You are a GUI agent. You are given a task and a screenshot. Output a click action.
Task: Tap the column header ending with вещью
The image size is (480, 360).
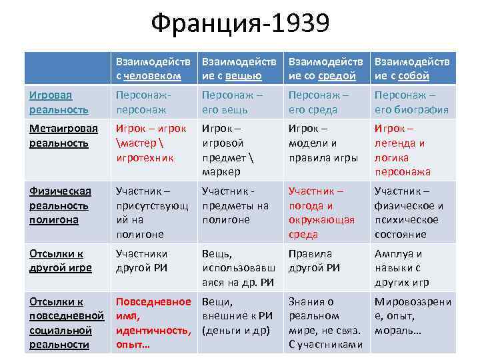(238, 68)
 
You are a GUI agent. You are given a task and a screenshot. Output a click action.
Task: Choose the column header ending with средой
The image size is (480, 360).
(324, 68)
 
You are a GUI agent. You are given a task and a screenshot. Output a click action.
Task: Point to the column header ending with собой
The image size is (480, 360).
(411, 68)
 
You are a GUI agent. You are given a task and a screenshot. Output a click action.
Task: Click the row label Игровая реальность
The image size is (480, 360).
(59, 102)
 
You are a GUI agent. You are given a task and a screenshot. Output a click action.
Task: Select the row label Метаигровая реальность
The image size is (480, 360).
(63, 135)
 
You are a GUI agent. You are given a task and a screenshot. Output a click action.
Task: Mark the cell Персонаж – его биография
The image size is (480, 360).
(411, 102)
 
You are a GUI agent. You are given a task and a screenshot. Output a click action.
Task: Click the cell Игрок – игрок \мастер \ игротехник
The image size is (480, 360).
(151, 143)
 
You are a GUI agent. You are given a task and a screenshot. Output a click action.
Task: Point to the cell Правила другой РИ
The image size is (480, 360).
(315, 261)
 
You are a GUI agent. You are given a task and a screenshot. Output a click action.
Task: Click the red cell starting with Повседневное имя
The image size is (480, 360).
(153, 323)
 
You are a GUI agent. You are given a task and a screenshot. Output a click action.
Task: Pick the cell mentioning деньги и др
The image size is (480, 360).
(237, 315)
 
